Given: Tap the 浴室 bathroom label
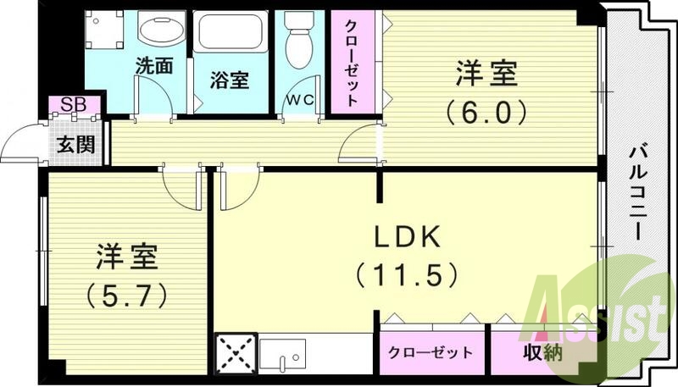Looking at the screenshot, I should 229,80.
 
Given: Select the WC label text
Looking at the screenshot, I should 300,99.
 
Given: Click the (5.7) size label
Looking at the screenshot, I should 126,295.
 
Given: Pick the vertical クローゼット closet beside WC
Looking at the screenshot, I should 350,59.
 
